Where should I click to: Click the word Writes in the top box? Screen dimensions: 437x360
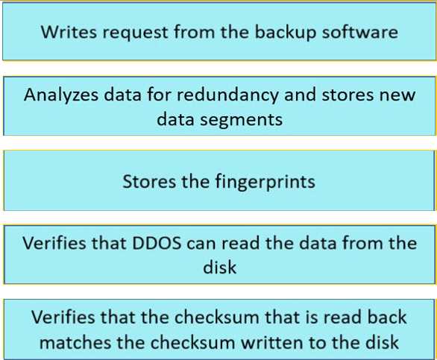point(69,32)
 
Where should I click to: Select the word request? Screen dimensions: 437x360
point(135,33)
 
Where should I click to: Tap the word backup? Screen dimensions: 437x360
point(286,32)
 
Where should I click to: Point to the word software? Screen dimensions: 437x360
point(360,31)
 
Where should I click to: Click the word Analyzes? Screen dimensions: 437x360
point(61,95)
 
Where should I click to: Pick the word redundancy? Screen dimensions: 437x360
point(227,95)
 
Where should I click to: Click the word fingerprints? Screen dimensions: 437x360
point(265,182)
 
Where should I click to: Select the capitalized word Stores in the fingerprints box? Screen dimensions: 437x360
point(149,182)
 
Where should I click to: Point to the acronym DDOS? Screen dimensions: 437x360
point(157,243)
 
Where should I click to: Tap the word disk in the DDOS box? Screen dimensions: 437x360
point(219,267)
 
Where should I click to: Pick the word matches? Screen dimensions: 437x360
point(75,342)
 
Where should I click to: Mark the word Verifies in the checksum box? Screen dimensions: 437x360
point(63,318)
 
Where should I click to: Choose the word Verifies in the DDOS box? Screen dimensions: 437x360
point(54,243)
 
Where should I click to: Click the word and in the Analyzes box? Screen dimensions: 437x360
point(300,95)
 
